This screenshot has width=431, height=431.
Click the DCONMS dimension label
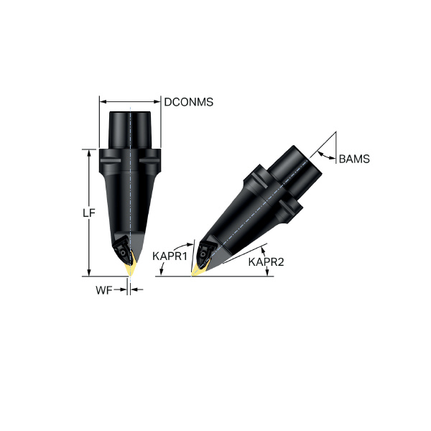[189, 102]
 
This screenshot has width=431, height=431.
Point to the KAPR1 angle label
[170, 255]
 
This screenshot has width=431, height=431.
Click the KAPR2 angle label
[266, 262]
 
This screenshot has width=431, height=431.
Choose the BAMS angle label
[354, 159]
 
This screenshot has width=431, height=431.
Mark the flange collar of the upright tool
[130, 157]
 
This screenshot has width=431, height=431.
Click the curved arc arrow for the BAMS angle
[323, 156]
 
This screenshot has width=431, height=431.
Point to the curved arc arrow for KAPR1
[189, 248]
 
